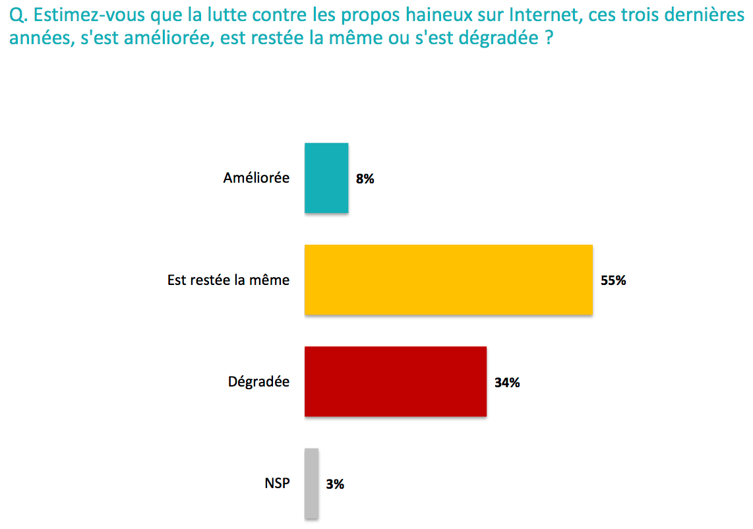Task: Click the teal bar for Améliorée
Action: tap(326, 178)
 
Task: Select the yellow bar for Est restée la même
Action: tap(448, 280)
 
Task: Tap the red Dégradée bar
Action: tap(396, 381)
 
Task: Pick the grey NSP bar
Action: tap(312, 483)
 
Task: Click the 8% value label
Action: tap(365, 179)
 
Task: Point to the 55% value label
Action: tap(613, 280)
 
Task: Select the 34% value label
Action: tap(507, 382)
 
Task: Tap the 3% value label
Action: tap(335, 484)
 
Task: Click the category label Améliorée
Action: tap(256, 178)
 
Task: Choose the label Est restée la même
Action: tap(228, 280)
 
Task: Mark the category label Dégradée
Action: tap(258, 381)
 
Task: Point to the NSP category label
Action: tap(276, 483)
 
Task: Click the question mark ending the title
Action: tap(549, 39)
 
